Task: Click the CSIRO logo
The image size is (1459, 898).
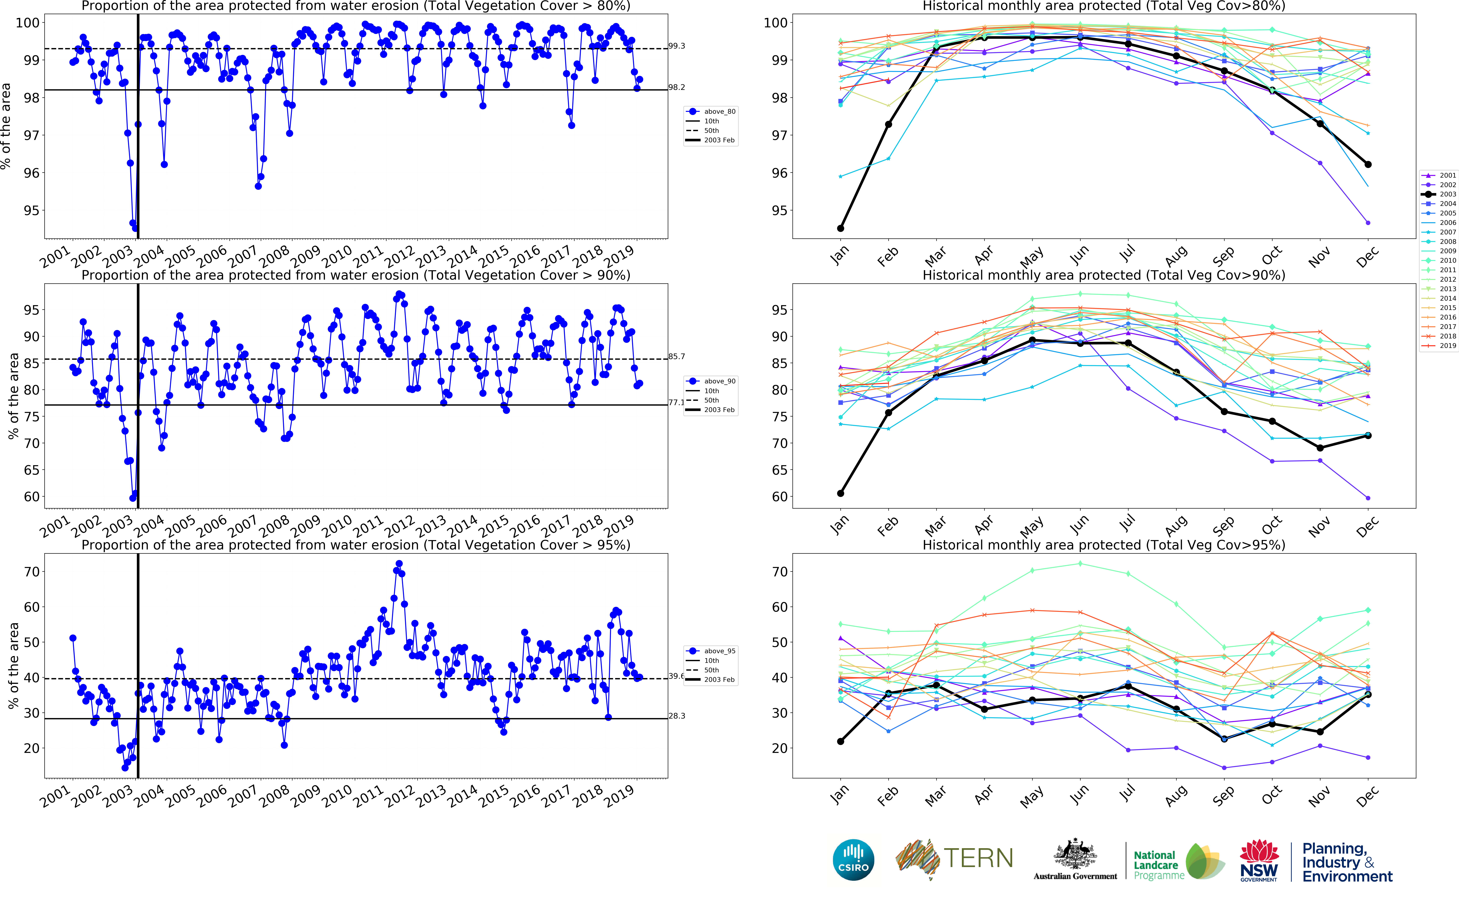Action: (x=853, y=859)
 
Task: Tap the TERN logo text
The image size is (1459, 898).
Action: (x=978, y=858)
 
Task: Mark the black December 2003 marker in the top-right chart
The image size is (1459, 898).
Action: (x=1368, y=165)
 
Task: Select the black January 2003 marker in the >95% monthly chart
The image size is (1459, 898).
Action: (x=840, y=741)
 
